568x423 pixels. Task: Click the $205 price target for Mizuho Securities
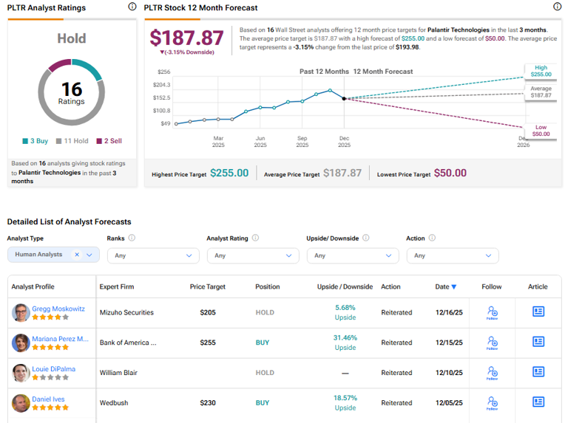(208, 312)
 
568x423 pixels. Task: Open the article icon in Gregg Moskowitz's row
(538, 312)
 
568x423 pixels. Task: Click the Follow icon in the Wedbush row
(491, 403)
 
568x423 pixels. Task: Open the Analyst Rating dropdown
(252, 255)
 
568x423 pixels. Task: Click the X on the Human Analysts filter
(77, 255)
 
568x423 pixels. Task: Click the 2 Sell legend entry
(111, 140)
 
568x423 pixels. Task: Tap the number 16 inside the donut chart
(72, 89)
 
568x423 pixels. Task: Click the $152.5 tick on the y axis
(162, 97)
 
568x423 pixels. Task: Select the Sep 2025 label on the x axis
(302, 142)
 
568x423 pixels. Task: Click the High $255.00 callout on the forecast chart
(540, 71)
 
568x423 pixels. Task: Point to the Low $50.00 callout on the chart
(541, 130)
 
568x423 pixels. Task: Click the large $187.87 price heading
(186, 38)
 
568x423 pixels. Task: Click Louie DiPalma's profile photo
(20, 373)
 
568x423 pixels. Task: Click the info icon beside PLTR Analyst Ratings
(132, 7)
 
